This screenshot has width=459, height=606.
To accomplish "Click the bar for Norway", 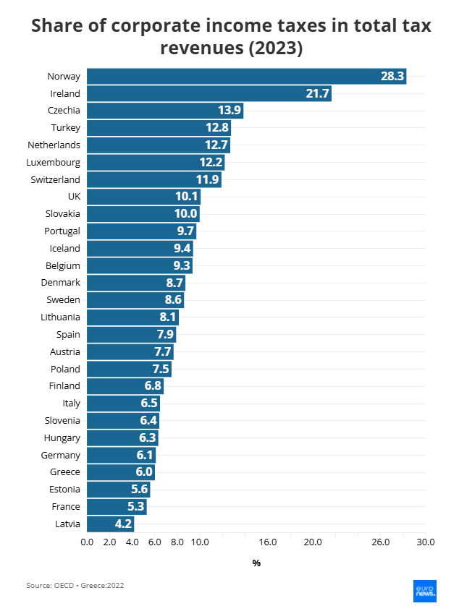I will (246, 76).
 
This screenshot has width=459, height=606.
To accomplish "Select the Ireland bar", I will (209, 93).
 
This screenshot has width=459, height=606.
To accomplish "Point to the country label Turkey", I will (67, 128).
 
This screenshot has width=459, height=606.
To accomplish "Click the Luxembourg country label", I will (53, 162).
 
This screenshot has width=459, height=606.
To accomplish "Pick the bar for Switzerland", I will (154, 179).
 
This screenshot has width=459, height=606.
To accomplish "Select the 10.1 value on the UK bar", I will (185, 197).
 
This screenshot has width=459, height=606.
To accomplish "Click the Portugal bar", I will (141, 231).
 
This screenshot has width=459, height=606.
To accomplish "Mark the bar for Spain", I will (131, 335).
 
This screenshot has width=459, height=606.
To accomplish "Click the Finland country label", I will (64, 386).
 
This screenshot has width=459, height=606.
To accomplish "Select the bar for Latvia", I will (110, 524).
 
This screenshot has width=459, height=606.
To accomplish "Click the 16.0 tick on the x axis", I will (267, 542).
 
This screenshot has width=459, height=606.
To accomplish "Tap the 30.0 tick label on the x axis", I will (426, 542).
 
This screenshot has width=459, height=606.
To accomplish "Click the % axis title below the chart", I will (256, 563).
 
